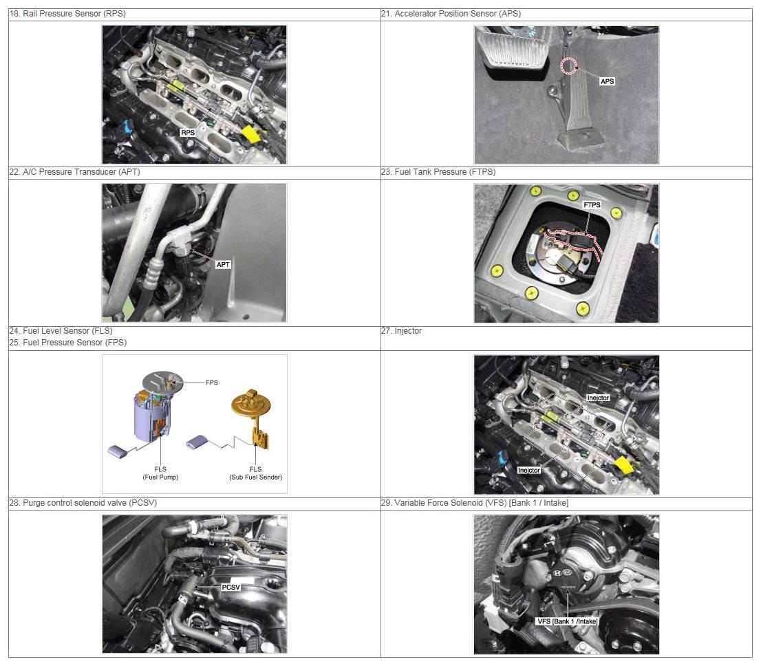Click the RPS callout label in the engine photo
(188, 133)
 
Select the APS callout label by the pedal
(607, 81)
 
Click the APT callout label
(223, 265)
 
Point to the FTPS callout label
(592, 205)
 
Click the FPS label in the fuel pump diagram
(212, 383)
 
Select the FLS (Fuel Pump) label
(160, 473)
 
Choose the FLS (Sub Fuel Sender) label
(256, 473)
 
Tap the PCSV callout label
(231, 588)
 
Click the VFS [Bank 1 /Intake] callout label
(568, 621)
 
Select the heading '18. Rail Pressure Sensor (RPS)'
(67, 14)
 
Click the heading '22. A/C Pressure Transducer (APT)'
(75, 172)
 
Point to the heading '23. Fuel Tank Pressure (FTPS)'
(438, 172)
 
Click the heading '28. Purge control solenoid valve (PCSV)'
(83, 503)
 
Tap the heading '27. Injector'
(401, 331)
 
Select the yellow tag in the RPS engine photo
(250, 134)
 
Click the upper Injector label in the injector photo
(598, 398)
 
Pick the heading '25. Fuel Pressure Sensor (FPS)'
(68, 343)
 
